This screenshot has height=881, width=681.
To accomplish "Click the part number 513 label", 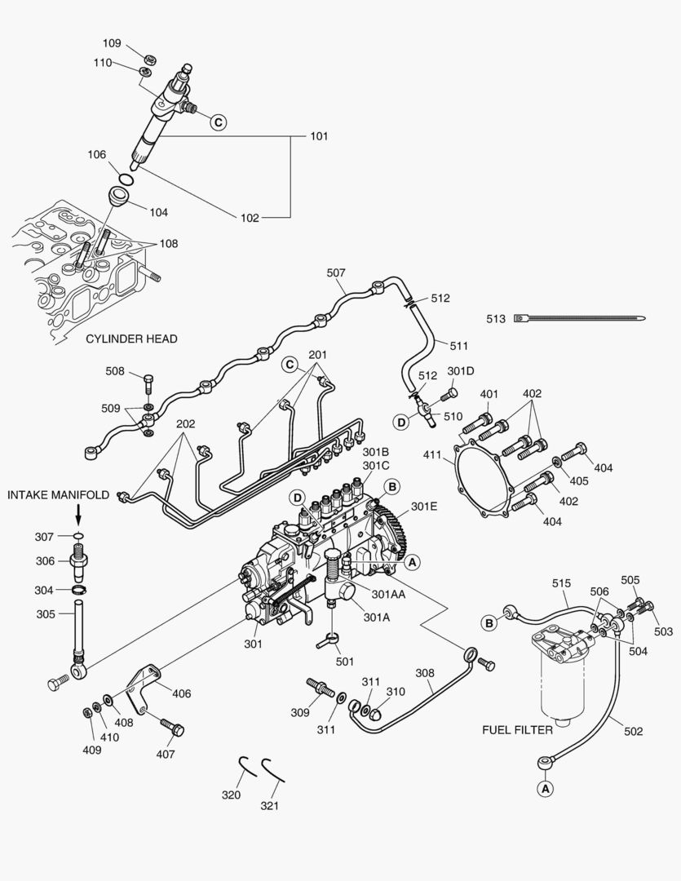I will (495, 319).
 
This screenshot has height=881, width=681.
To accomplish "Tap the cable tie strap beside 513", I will (579, 319).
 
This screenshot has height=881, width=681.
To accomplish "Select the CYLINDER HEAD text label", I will (131, 339).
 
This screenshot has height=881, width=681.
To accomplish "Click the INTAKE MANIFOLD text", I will (59, 494).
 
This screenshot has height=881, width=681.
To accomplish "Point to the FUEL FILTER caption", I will (517, 729).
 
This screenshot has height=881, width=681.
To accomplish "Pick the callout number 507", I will (337, 272).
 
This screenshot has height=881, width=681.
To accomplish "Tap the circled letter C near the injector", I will (218, 122).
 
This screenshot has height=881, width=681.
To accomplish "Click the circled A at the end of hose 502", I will (543, 788).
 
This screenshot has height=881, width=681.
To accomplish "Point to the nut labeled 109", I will (149, 60).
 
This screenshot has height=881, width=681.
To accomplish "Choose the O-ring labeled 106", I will (126, 179).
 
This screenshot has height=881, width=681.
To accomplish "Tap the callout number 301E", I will (423, 506).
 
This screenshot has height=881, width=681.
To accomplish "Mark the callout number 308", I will (424, 674).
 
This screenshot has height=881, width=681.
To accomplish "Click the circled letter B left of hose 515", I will (489, 623).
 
